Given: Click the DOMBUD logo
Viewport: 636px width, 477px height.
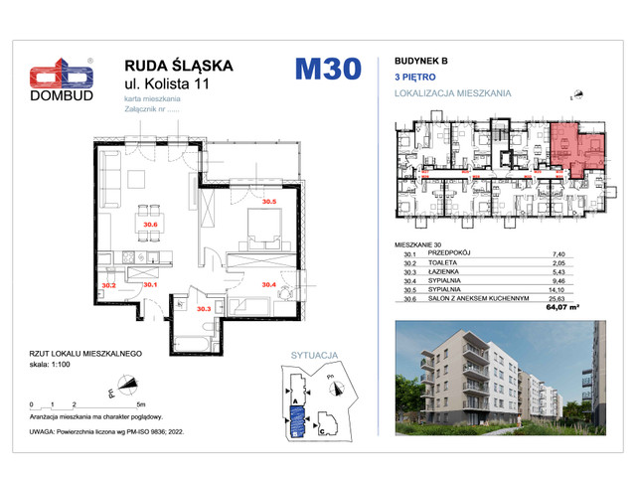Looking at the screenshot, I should (60, 80).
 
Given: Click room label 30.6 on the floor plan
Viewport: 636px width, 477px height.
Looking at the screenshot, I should (150, 225).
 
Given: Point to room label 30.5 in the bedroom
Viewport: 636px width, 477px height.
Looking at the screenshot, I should (268, 202).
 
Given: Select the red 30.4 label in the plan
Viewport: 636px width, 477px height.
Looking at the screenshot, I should (267, 284).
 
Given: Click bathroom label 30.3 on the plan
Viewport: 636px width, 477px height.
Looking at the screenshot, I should (204, 309).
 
